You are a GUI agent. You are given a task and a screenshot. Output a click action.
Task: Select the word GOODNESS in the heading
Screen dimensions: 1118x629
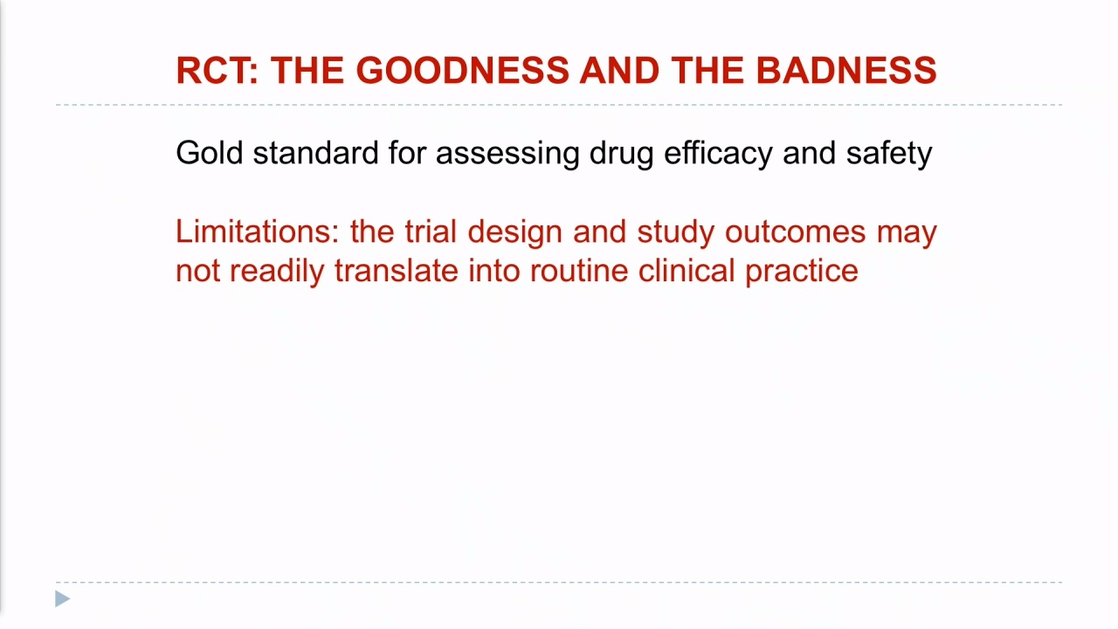462,71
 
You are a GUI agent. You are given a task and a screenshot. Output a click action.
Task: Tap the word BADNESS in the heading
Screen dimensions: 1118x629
846,71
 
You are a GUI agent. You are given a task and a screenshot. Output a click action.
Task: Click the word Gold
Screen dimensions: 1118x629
209,152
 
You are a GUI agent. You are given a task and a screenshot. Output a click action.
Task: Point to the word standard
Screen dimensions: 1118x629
315,152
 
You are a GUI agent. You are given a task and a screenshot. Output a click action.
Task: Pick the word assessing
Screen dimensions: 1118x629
507,156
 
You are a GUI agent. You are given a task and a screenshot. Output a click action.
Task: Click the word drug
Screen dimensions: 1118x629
621,156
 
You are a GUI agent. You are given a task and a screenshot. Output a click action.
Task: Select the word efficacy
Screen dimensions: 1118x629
718,156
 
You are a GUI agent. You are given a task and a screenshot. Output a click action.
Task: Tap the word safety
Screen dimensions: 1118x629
889,156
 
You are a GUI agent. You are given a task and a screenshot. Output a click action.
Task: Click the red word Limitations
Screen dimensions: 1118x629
258,232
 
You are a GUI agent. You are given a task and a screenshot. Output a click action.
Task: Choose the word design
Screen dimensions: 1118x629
514,235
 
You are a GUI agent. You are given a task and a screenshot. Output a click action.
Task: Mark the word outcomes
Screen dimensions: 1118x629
795,232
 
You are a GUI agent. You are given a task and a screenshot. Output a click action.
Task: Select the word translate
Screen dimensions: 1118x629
397,271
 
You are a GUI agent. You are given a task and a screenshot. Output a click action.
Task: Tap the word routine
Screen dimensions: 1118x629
579,271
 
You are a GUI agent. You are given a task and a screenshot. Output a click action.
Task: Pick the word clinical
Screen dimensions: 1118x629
687,271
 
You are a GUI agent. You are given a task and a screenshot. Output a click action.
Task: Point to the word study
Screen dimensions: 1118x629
676,235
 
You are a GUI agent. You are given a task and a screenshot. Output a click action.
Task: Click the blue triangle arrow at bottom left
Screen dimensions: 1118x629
62,599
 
